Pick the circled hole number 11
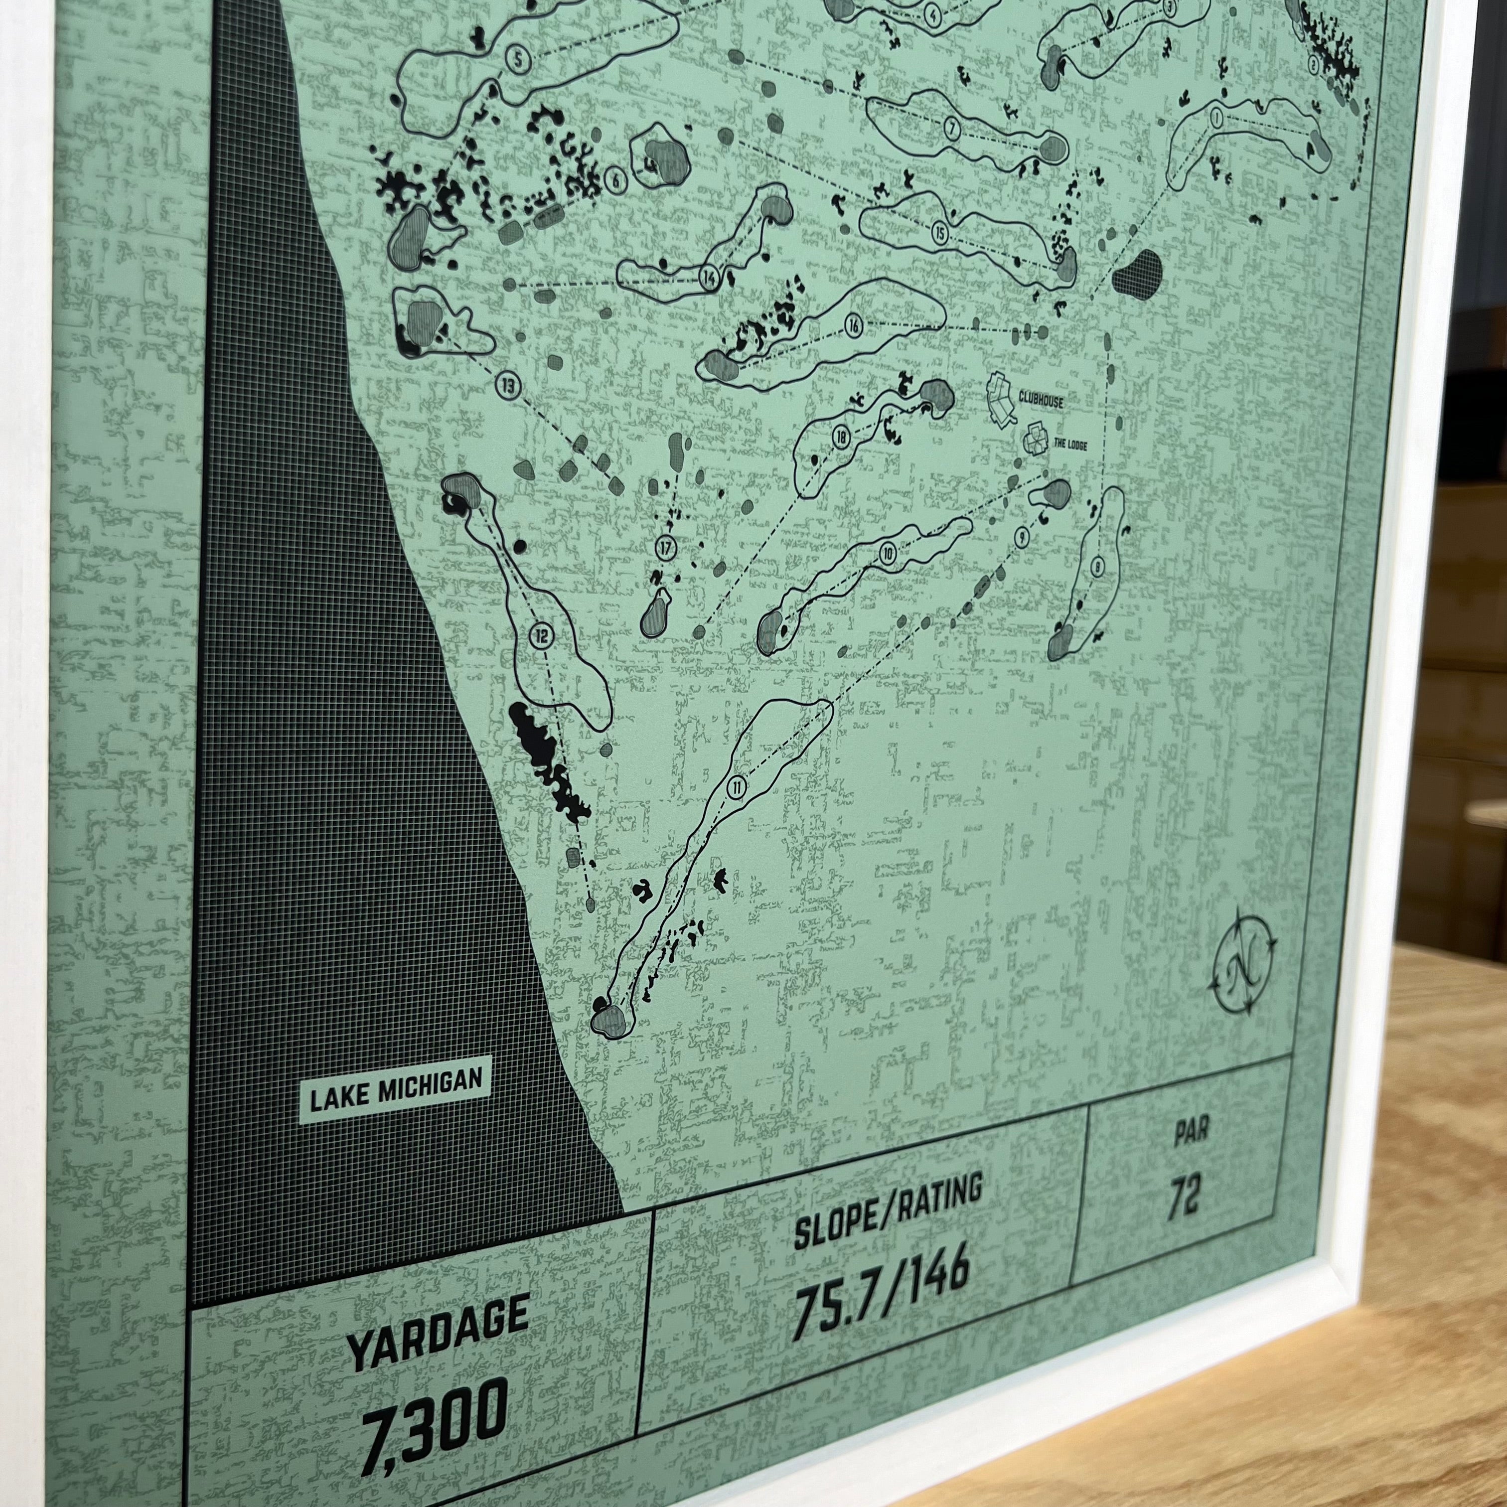coord(737,788)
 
